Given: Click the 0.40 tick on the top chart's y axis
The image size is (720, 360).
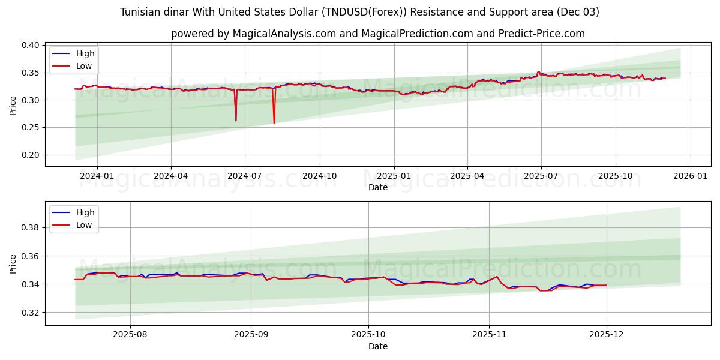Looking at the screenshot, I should (x=31, y=45).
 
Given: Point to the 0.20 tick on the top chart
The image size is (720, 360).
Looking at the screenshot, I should (x=31, y=155).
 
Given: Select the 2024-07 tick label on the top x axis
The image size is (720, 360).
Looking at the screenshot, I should (x=245, y=176).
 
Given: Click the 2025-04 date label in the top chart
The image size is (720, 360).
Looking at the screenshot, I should (x=467, y=176).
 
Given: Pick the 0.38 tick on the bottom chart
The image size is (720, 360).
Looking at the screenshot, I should (x=31, y=228).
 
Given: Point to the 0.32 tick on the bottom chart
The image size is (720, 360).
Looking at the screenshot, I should (x=31, y=313).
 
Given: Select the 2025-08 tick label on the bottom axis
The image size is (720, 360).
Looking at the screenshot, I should (x=130, y=335).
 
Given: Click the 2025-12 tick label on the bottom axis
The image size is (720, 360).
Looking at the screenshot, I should (x=607, y=335).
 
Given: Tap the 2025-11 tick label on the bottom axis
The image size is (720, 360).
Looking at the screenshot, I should (x=489, y=335).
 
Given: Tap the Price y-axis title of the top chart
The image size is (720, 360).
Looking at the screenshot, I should (x=13, y=105).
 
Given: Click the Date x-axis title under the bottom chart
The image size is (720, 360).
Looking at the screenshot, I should (x=378, y=346).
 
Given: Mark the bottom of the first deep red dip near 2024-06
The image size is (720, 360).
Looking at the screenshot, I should (x=236, y=121).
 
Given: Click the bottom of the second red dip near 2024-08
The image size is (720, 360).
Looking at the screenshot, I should (x=274, y=124).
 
